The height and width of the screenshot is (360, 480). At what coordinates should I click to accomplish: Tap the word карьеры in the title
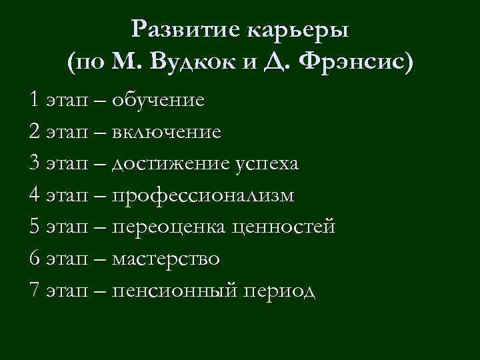tap(299, 30)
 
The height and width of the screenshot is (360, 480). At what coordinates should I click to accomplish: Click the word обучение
tap(158, 101)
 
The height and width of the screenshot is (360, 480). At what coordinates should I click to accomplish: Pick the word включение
tap(166, 132)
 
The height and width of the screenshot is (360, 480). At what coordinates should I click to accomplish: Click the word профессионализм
tap(203, 196)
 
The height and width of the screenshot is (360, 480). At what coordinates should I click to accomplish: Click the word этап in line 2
tap(67, 133)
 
